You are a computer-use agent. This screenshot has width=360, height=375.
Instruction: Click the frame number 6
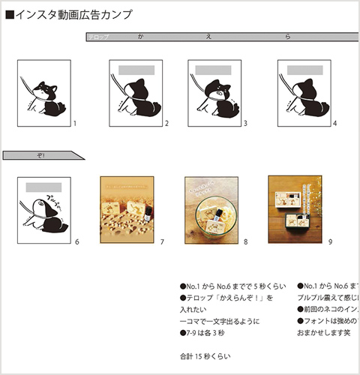tap(76, 242)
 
